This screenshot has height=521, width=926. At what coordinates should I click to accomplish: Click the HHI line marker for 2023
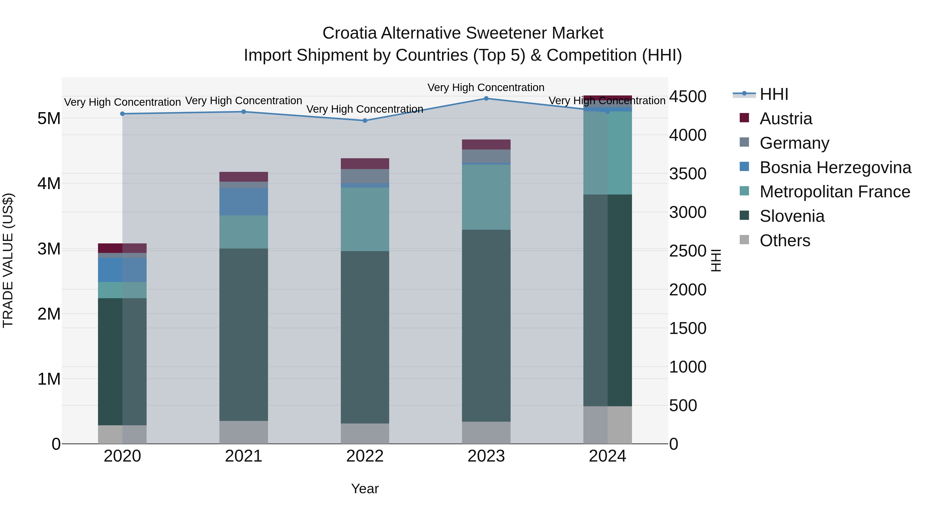point(486,98)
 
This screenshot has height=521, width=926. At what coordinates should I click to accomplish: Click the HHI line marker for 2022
point(365,120)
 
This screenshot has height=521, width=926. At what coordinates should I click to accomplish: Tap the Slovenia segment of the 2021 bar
point(244,334)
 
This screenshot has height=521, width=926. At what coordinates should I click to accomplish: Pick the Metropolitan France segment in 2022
point(365,219)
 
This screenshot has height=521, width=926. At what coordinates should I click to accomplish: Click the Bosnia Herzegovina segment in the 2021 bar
point(244,201)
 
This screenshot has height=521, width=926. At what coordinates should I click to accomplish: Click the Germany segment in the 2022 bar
point(365,176)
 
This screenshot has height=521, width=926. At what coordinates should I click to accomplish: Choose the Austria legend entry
point(786,119)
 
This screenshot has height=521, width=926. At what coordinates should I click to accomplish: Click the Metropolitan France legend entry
point(834,192)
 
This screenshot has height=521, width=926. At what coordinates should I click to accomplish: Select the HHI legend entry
point(773,94)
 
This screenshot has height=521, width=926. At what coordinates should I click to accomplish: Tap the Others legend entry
point(785,241)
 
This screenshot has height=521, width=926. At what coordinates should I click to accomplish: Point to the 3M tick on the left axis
point(49,249)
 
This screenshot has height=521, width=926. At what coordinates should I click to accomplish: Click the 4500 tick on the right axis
point(687,96)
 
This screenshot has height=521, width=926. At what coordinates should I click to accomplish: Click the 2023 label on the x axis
point(486,456)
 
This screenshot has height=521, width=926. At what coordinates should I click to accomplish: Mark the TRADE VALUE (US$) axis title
point(8,260)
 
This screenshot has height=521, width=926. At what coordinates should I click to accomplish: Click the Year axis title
point(365,489)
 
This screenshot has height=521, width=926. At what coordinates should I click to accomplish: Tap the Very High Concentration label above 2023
point(486,87)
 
